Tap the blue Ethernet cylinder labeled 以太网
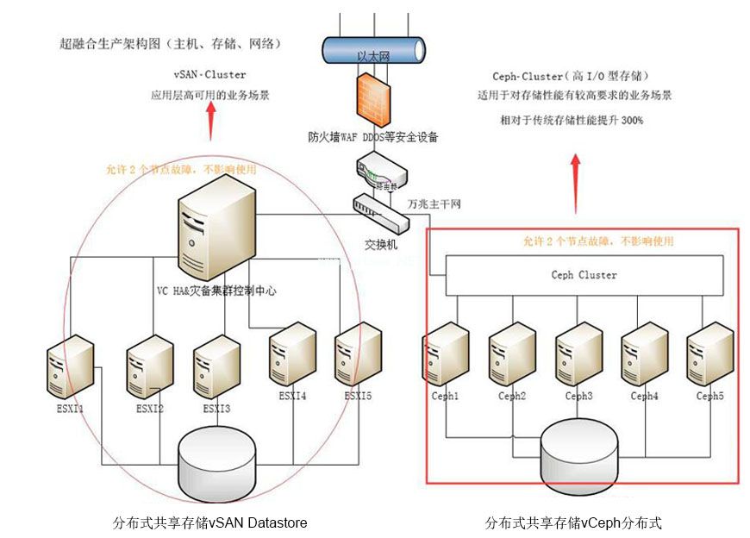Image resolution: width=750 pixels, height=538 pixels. (372, 53)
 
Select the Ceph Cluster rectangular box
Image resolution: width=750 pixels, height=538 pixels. (584, 276)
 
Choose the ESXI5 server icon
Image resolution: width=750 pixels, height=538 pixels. (358, 354)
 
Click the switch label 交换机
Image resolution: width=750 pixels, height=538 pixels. (381, 244)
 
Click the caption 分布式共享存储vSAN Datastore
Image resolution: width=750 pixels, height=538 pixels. (209, 522)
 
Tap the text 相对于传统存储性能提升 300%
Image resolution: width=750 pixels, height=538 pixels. (571, 120)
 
